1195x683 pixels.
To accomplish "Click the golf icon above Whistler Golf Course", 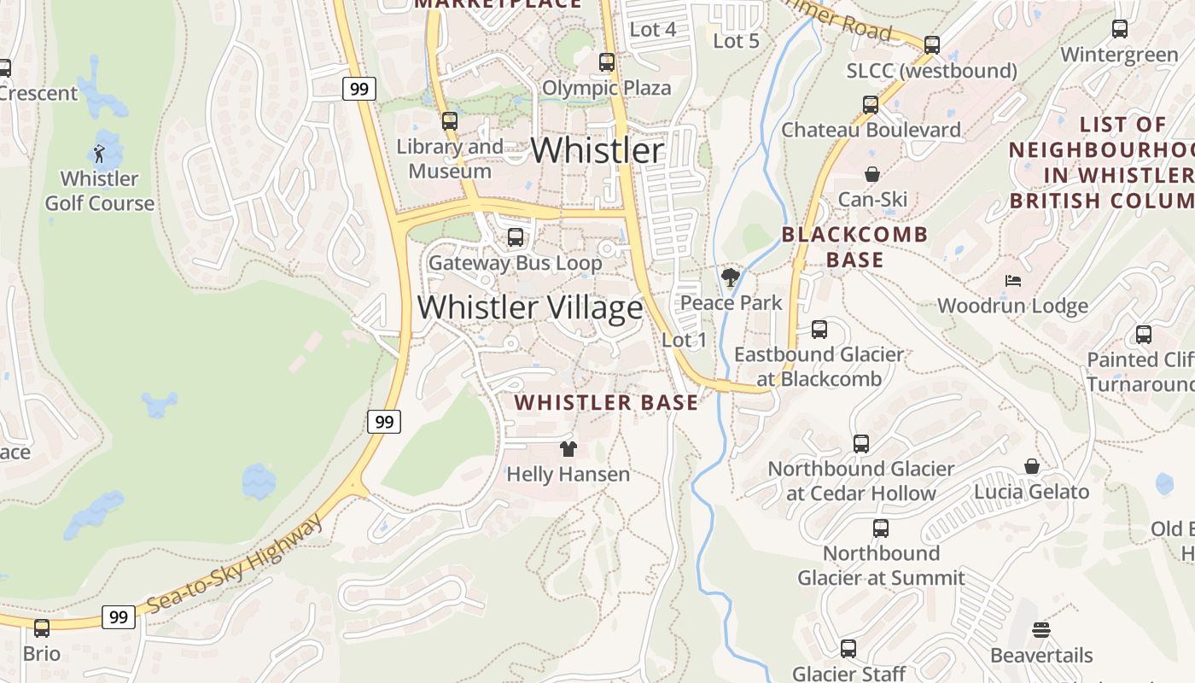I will tap(99, 155).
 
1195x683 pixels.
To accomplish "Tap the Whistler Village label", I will tap(529, 307).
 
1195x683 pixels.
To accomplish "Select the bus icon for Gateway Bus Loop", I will tap(516, 237).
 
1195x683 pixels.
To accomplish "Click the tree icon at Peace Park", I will tap(730, 277).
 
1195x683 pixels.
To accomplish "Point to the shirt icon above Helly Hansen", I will tap(568, 448).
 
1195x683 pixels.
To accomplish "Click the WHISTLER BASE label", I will tap(606, 402).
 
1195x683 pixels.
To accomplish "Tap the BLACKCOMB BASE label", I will tap(854, 247).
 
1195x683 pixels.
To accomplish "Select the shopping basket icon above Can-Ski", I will tap(872, 174).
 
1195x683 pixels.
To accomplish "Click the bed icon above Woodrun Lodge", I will tap(1013, 280).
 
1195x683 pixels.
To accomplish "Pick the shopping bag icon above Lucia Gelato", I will tap(1032, 466).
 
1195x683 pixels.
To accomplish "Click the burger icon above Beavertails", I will tap(1041, 630).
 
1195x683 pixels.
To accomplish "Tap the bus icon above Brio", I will tap(42, 628).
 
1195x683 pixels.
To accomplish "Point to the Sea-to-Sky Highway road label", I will tap(235, 564).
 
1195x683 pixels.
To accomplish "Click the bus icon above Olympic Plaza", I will tap(607, 62).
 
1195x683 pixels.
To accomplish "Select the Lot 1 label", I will tap(685, 340).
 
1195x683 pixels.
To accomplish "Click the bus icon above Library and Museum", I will tap(450, 121).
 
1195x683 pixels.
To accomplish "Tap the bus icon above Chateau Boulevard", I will tap(871, 105).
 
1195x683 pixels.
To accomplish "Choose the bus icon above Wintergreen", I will tap(1120, 29).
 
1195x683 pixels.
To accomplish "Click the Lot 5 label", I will tap(736, 40).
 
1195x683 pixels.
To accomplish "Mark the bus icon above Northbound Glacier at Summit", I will tap(881, 528).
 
